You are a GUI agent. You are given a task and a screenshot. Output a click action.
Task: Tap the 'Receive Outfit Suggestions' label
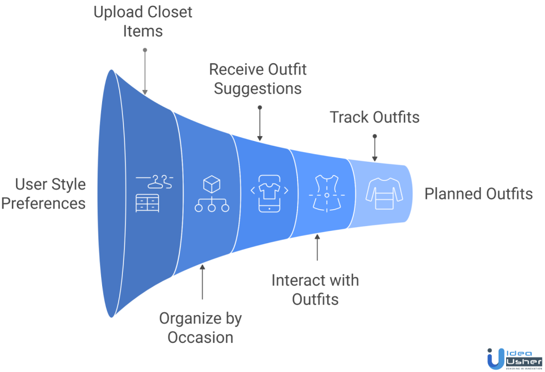tap(258, 78)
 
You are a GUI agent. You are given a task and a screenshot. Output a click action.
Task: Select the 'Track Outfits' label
tap(375, 117)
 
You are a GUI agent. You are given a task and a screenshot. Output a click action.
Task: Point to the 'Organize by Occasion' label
tap(201, 327)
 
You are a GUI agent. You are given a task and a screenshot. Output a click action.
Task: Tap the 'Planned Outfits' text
tap(478, 194)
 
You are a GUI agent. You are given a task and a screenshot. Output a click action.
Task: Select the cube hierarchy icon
tap(212, 194)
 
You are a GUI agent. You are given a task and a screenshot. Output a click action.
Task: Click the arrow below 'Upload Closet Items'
tap(145, 72)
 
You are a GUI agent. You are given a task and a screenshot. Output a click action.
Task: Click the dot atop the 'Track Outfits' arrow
tap(375, 136)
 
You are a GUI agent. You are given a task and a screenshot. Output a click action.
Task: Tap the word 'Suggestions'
tap(258, 88)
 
